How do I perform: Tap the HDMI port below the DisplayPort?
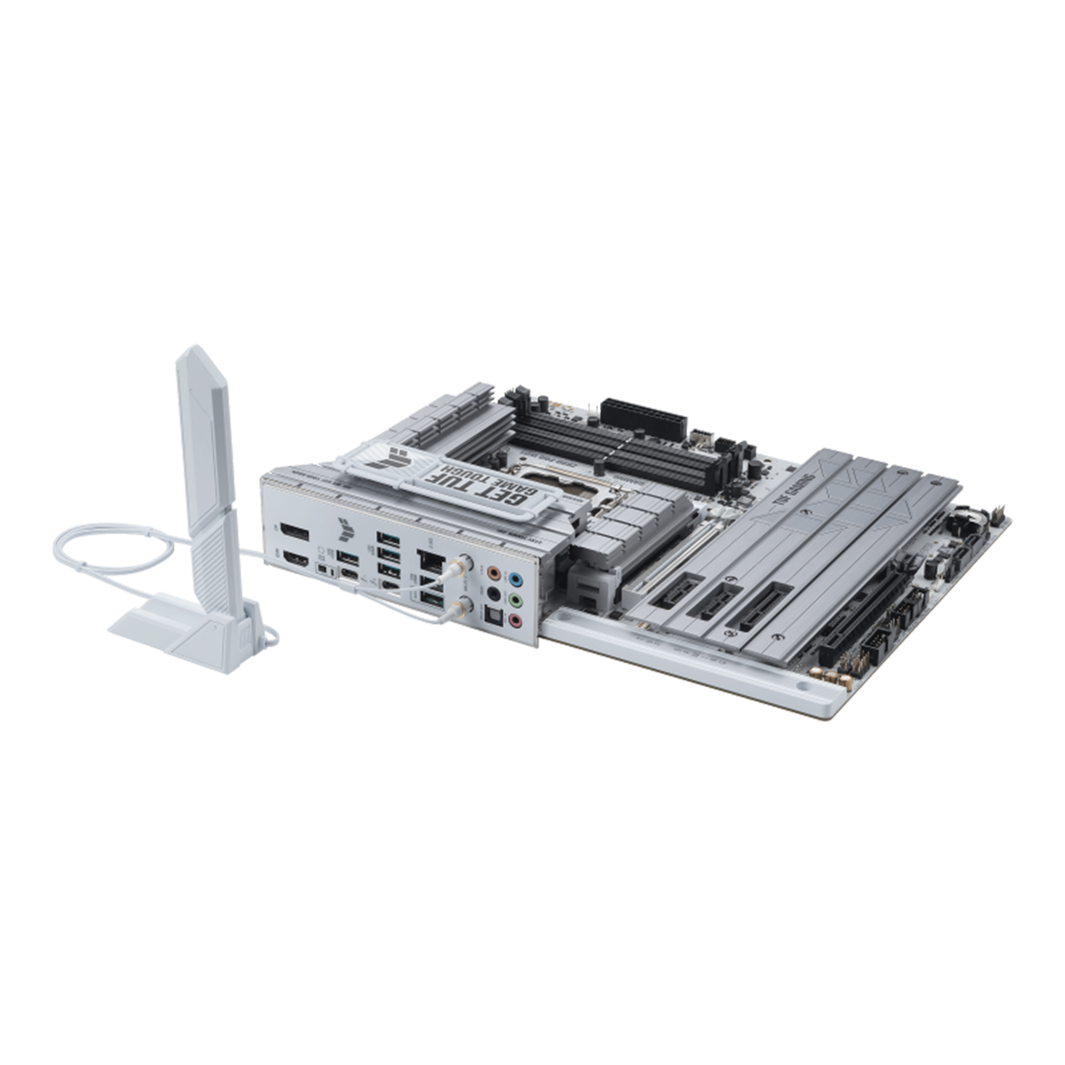point(295,561)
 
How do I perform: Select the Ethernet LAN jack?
point(431,560)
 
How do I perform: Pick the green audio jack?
point(516,602)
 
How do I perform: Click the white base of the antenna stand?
point(177,635)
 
